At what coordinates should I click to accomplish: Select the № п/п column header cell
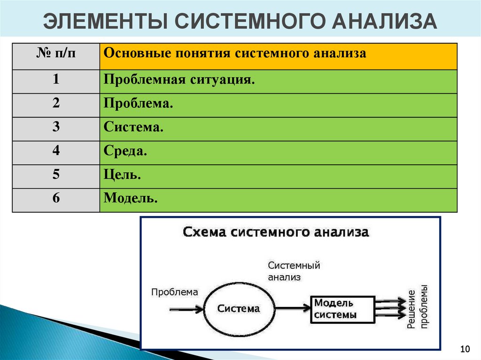(56, 56)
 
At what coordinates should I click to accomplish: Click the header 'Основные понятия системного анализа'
(235, 53)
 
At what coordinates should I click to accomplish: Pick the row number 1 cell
(56, 81)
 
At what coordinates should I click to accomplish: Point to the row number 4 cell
(56, 152)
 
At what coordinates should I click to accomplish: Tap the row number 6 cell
(56, 199)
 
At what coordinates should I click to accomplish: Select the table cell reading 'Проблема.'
(139, 104)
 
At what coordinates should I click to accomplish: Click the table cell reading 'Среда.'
(125, 152)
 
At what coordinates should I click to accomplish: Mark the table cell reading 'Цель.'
(123, 176)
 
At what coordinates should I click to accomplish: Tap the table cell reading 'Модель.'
(131, 199)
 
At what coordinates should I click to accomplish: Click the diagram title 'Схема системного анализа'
(276, 232)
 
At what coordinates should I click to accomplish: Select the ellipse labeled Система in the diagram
(238, 308)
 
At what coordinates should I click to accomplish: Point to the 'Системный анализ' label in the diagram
(294, 271)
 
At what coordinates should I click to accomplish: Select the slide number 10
(465, 349)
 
